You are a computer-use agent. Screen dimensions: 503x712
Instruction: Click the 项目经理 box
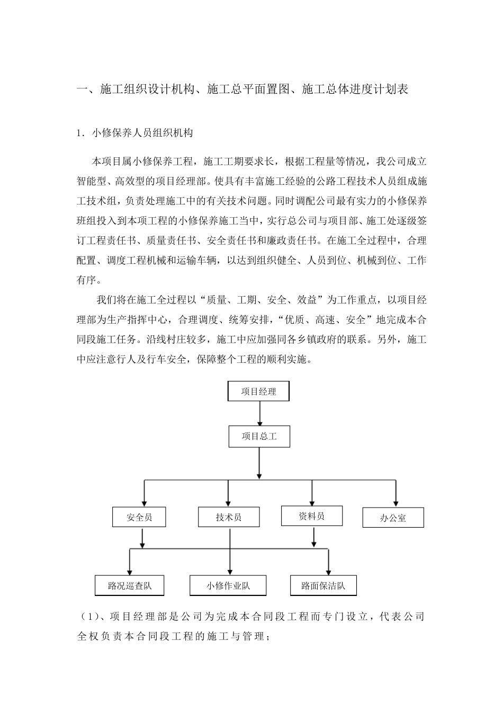(x=258, y=391)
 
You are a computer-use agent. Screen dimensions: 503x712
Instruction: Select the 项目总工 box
(x=259, y=437)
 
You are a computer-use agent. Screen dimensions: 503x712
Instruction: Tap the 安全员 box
(x=139, y=517)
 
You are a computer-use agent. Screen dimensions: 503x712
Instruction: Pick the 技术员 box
(x=229, y=517)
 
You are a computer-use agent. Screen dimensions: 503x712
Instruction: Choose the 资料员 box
(x=311, y=515)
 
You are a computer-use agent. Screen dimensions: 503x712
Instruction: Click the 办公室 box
(x=393, y=518)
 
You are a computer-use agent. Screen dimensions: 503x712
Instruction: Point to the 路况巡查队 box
(x=129, y=585)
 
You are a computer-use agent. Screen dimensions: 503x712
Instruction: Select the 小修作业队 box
(x=228, y=585)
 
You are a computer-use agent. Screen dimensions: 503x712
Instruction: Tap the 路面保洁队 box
(x=323, y=585)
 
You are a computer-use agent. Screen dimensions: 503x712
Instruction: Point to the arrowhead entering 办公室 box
(x=396, y=503)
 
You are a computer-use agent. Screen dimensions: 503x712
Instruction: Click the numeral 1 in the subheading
(x=79, y=133)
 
